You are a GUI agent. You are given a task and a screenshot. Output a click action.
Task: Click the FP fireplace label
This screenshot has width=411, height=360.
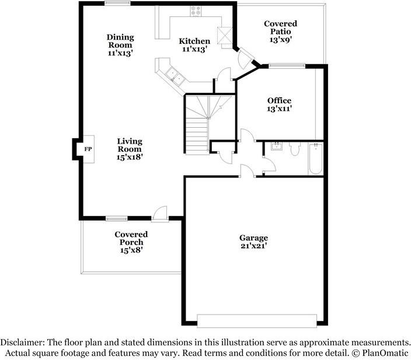tap(88, 149)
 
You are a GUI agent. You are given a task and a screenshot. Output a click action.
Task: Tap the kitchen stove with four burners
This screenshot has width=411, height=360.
tap(196, 11)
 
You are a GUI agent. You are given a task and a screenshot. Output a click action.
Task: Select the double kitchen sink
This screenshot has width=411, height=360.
tap(175, 75)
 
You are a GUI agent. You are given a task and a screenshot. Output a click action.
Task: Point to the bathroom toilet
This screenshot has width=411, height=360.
tap(295, 149)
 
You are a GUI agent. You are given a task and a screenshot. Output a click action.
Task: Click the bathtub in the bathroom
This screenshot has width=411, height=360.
tap(316, 159)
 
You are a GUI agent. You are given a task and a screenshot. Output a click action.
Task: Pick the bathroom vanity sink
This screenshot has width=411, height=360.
tap(276, 146)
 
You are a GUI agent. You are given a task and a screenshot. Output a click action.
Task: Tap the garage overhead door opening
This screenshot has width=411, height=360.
tap(257, 321)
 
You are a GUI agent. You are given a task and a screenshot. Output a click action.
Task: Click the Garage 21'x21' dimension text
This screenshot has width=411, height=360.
tap(253, 246)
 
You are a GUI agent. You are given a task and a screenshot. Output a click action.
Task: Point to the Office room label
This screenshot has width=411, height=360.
tap(280, 100)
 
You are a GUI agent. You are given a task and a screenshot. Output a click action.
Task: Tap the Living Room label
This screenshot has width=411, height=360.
tap(130, 145)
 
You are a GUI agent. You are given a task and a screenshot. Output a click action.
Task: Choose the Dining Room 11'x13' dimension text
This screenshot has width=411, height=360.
tap(120, 53)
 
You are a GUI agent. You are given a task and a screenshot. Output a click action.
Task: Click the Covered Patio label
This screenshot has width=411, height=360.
tap(280, 27)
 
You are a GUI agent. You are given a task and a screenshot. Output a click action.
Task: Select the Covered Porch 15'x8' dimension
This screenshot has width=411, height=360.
tap(131, 250)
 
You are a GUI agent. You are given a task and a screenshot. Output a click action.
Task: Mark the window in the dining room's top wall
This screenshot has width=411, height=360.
tap(117, 3)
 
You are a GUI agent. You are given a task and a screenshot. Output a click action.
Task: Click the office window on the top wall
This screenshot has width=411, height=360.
tap(287, 66)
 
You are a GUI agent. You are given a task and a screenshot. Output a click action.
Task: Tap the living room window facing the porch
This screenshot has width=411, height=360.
tap(117, 219)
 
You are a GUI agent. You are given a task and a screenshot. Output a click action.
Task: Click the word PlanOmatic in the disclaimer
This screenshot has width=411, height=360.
tap(385, 353)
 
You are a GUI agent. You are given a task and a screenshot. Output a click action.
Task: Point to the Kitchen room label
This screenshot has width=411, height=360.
tap(194, 41)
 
